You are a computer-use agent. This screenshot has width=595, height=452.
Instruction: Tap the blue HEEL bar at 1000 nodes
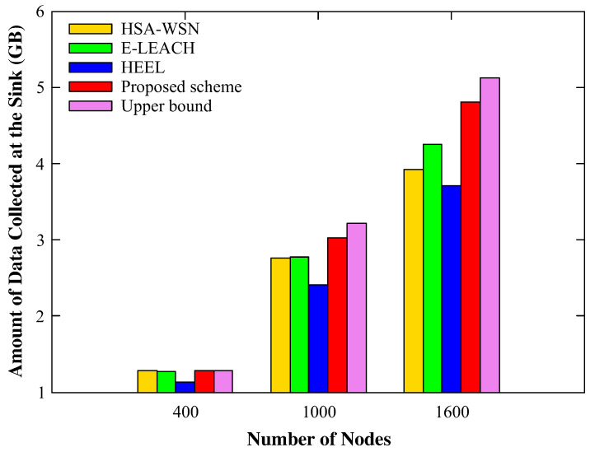point(318,338)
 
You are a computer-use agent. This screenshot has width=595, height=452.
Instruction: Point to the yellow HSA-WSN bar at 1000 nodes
point(280,325)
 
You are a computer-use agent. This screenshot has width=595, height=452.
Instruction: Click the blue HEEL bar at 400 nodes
point(185,387)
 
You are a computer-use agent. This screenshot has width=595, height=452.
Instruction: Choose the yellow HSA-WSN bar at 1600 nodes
point(414,281)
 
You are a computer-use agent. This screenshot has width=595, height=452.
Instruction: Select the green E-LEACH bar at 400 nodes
point(166,382)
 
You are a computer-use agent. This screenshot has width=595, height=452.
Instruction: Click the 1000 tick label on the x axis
point(318,412)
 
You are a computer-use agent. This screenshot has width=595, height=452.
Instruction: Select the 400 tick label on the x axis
point(185,412)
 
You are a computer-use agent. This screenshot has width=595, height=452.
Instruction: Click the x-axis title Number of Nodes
point(318,439)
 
